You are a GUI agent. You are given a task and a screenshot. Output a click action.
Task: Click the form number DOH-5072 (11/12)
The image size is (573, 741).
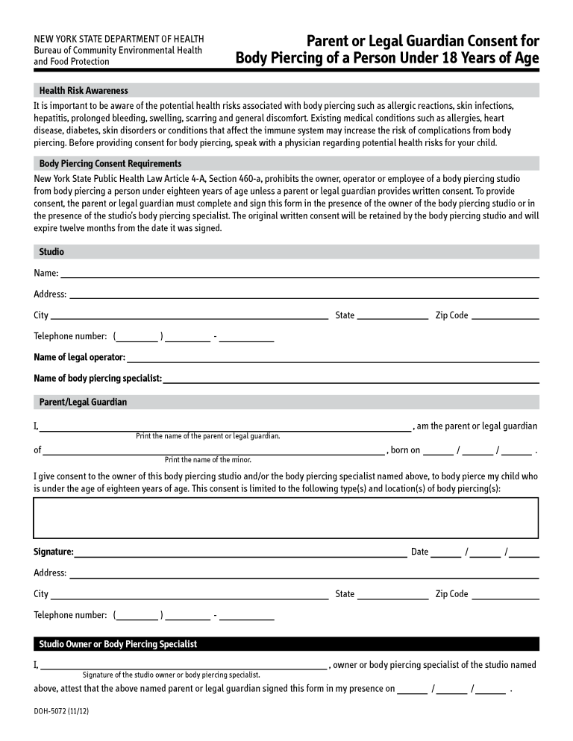(62, 711)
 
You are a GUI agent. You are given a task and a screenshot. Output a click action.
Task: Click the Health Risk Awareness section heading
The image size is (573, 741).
(84, 90)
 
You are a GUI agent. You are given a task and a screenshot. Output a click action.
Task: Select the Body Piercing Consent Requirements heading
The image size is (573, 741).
(110, 163)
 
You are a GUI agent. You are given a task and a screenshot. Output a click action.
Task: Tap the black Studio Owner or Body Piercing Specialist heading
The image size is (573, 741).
(118, 643)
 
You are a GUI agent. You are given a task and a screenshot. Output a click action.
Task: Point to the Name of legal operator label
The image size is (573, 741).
(79, 357)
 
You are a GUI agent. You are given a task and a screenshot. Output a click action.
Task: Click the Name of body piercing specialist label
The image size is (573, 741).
(98, 378)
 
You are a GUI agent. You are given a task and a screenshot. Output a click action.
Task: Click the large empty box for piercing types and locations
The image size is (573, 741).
(286, 517)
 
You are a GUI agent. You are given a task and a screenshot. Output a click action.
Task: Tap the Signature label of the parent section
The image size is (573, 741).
(53, 552)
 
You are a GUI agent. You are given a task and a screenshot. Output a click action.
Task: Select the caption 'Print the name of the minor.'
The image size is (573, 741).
(207, 460)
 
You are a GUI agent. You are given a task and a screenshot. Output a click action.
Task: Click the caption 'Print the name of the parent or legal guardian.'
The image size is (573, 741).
(207, 436)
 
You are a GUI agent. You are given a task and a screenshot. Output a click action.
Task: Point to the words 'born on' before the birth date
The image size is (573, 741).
(405, 450)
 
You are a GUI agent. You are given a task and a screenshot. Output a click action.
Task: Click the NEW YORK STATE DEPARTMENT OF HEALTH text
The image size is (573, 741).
(119, 39)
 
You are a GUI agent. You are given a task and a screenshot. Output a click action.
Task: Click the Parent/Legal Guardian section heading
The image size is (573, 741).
(83, 402)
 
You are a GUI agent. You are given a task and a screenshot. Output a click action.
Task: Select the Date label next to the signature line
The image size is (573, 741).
(419, 552)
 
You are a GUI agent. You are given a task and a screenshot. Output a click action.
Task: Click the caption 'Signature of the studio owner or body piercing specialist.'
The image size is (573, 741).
(171, 675)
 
